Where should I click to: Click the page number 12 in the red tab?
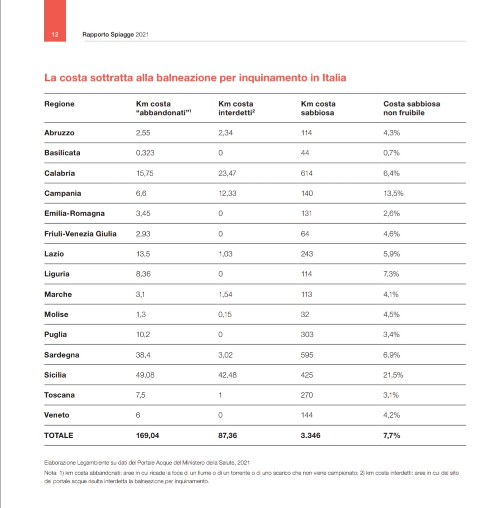[x=55, y=34]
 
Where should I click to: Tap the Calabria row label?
[x=60, y=173]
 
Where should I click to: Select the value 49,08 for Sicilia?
[x=145, y=375]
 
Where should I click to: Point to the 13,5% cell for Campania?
[x=394, y=193]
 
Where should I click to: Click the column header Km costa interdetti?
[x=237, y=108]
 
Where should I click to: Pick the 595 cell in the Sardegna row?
[x=307, y=355]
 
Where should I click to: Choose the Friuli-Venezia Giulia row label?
[x=81, y=234]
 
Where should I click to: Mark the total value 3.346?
[x=311, y=435]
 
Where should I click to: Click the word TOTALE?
[x=59, y=435]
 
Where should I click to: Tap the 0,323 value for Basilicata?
[x=145, y=153]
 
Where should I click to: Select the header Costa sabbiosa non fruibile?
[x=412, y=108]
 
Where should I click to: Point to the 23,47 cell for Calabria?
[x=227, y=173]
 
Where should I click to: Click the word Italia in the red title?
[x=334, y=78]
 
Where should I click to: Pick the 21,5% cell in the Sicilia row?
[x=393, y=375]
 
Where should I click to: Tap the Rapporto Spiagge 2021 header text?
[x=116, y=34]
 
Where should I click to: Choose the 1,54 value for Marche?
[x=225, y=294]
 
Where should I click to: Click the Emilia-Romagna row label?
[x=75, y=214]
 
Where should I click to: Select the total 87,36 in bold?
[x=228, y=435]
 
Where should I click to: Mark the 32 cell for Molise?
[x=305, y=314]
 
